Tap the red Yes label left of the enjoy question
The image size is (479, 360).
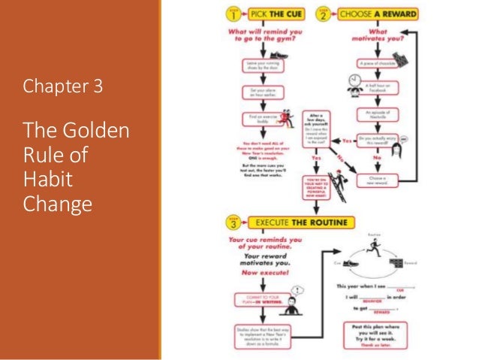(x=347, y=141)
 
